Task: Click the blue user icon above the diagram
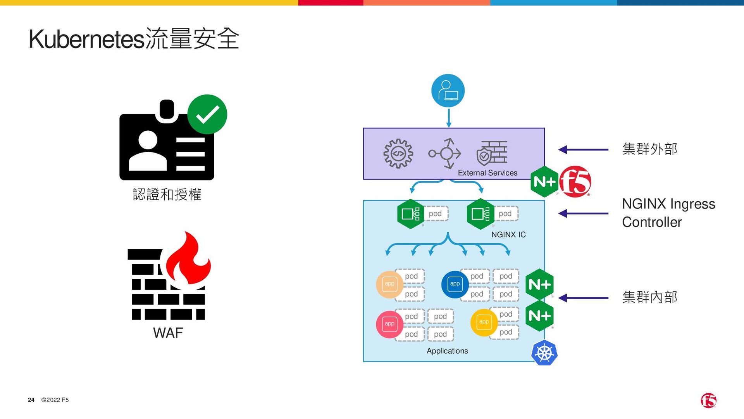tap(448, 90)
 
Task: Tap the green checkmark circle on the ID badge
tap(207, 114)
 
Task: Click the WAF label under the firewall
tap(168, 333)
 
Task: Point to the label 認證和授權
tap(167, 194)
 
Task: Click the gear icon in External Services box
tap(398, 154)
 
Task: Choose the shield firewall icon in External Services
tap(492, 153)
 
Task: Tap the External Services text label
tap(487, 173)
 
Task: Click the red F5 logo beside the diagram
tap(575, 182)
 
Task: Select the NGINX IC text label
tap(508, 235)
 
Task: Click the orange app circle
tap(389, 284)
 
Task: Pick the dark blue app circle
tap(455, 284)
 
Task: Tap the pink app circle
tap(389, 324)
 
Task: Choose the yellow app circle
tap(484, 322)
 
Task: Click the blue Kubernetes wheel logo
tap(544, 353)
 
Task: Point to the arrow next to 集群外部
tap(583, 149)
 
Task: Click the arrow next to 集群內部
tap(583, 298)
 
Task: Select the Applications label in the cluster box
tap(447, 351)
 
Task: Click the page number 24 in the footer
tap(31, 400)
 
